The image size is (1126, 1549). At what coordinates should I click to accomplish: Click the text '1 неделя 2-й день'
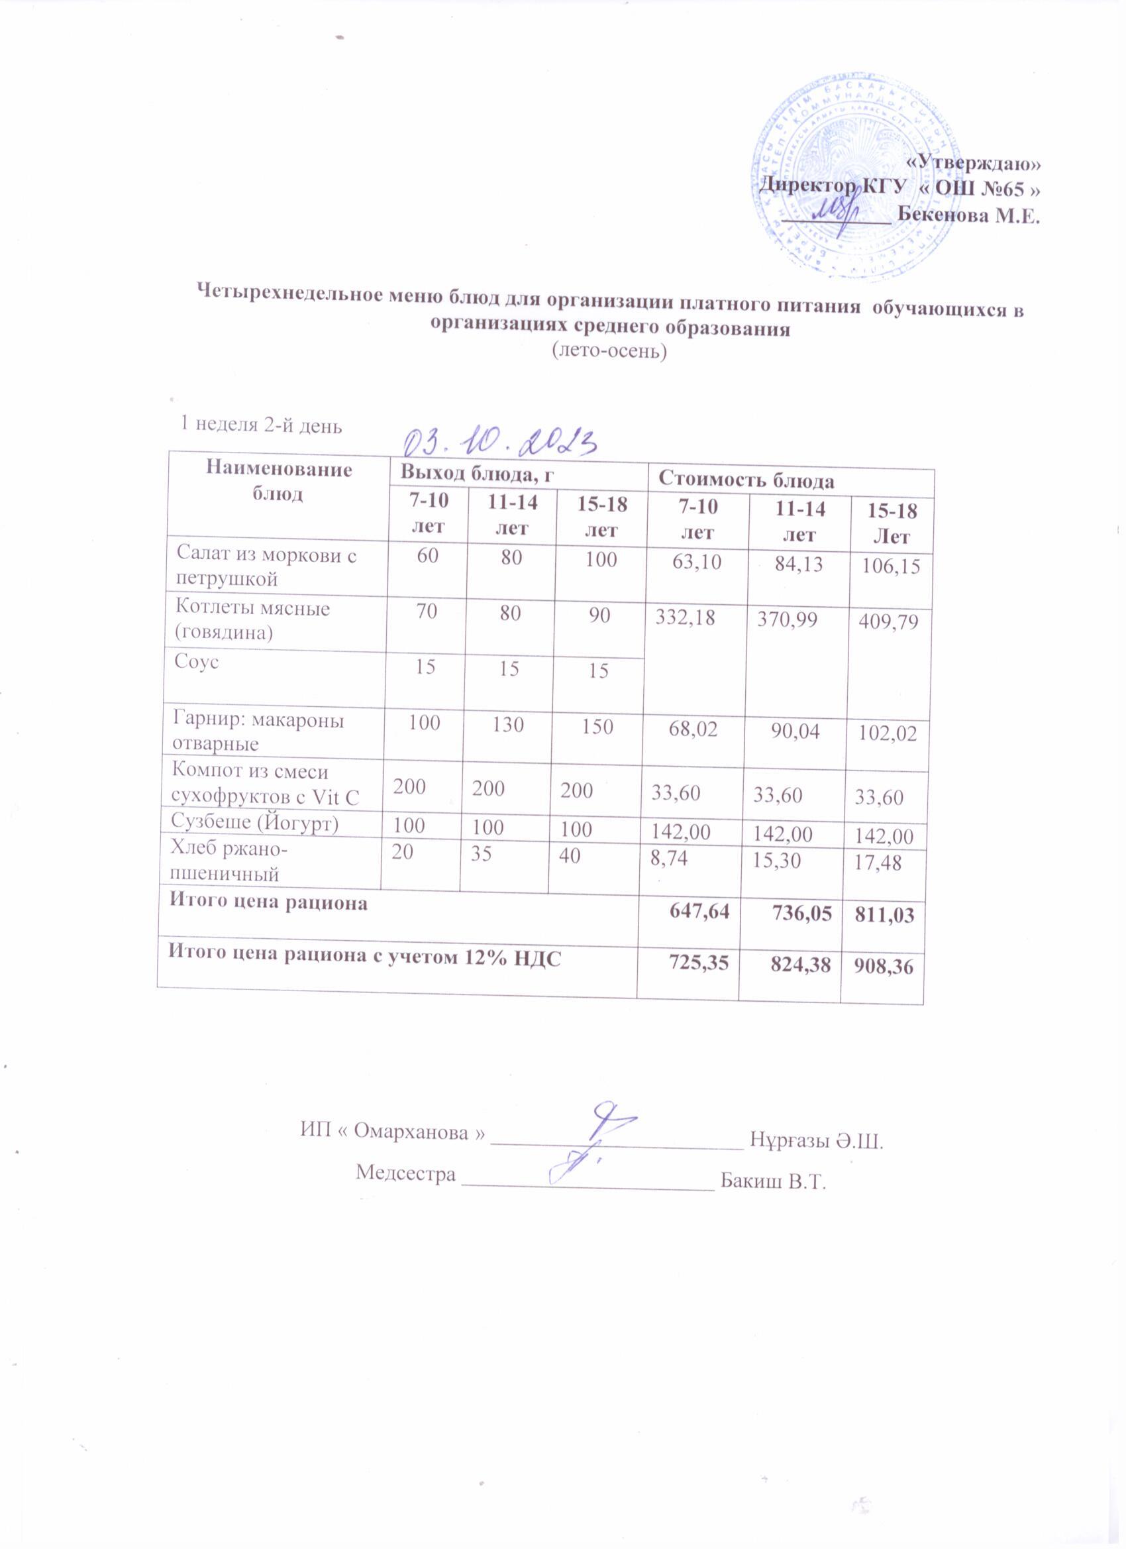[260, 425]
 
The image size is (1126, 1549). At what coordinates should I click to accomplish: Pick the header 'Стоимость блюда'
[746, 481]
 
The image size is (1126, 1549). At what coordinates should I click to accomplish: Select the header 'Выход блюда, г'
[478, 471]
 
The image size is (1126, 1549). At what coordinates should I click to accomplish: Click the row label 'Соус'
[197, 662]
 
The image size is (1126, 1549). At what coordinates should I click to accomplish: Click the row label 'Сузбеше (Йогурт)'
[256, 824]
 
